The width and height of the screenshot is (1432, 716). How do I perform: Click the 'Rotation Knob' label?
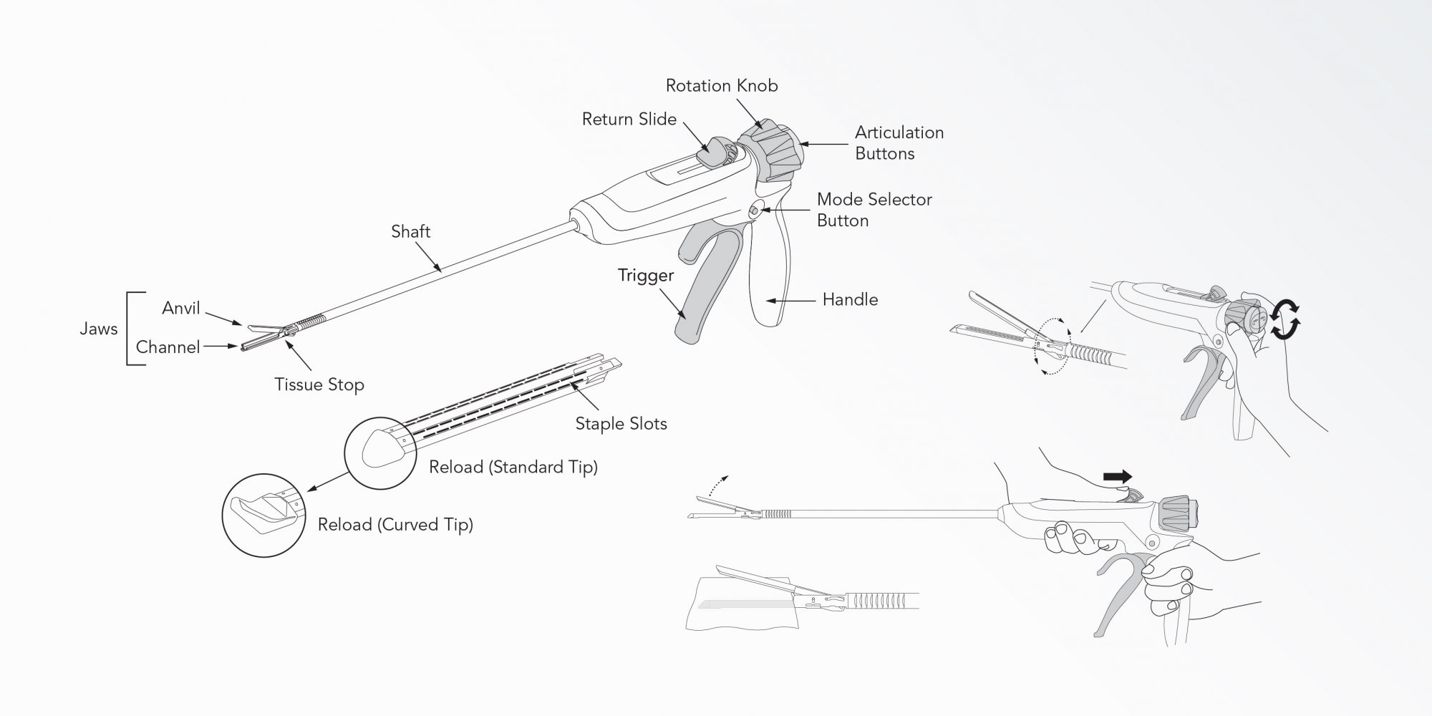point(722,86)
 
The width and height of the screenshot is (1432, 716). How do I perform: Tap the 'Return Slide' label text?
point(629,119)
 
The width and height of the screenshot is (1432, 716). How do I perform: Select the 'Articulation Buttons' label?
point(899,143)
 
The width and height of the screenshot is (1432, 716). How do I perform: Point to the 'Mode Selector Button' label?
point(874,210)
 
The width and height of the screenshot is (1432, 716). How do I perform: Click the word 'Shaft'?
point(411,231)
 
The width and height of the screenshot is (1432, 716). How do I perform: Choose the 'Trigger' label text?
point(647,276)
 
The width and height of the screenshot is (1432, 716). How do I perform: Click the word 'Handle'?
point(850,299)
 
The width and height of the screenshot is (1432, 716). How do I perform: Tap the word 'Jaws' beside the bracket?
point(98,329)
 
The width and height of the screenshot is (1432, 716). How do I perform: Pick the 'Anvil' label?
point(181,308)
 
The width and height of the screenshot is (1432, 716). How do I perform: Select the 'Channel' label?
point(168,347)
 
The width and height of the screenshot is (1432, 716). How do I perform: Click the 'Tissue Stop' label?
point(319,385)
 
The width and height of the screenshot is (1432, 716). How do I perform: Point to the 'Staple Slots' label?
point(621,424)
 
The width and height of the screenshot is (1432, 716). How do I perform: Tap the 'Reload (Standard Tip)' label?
point(513,468)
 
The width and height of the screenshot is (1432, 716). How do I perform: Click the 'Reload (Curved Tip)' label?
point(395,525)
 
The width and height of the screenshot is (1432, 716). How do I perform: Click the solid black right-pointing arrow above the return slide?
point(1118,477)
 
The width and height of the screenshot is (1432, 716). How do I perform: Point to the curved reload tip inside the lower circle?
point(265,511)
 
